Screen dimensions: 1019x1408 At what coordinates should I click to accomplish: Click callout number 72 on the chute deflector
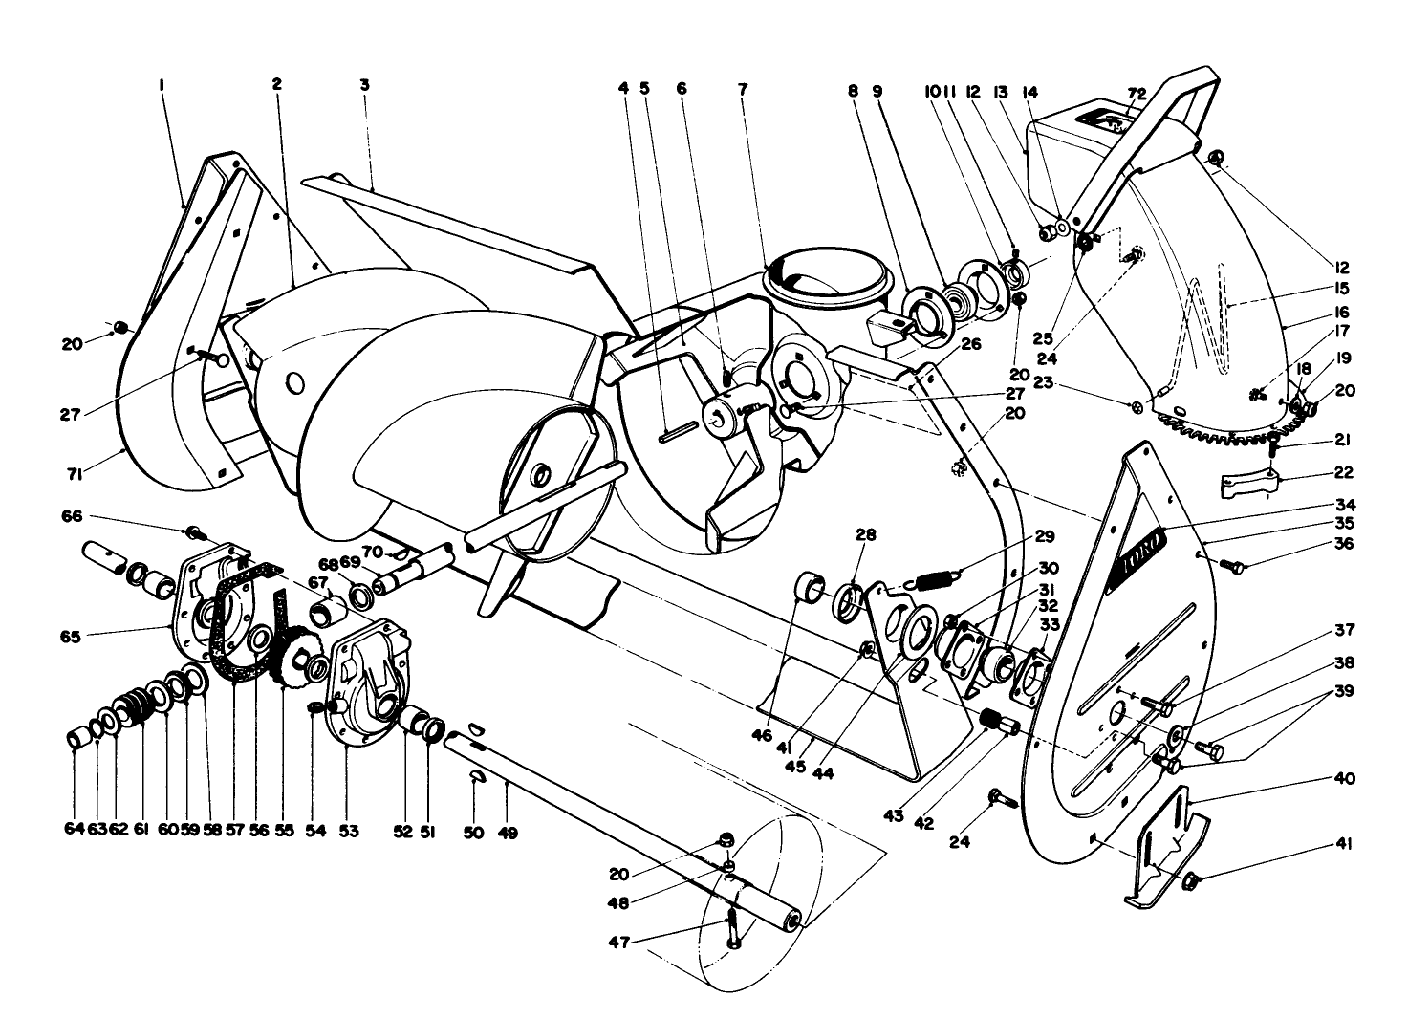tap(1136, 93)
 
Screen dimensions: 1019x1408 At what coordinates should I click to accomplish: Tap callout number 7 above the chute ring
tap(743, 87)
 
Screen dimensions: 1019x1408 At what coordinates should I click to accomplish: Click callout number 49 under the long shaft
tap(508, 833)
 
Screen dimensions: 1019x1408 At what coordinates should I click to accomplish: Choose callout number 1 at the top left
tap(162, 85)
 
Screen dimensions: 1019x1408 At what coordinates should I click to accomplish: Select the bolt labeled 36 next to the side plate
tap(1236, 568)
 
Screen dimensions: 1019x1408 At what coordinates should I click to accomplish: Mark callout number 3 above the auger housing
tap(364, 85)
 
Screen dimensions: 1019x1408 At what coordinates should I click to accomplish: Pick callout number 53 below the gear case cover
tap(348, 833)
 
